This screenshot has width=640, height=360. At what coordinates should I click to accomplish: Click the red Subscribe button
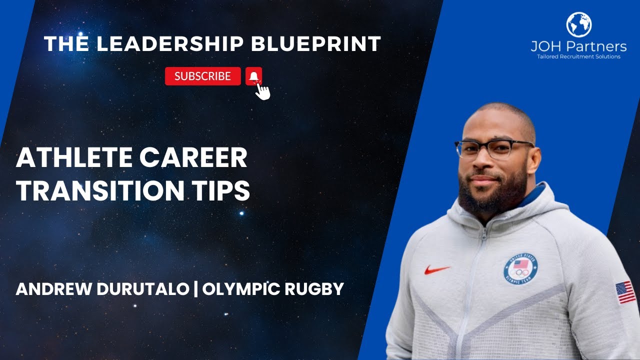point(202,76)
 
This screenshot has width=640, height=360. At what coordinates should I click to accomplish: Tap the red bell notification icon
point(253,76)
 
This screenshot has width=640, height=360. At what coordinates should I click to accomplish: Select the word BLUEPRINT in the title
point(316,44)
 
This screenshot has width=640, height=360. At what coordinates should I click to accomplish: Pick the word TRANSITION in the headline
point(95,190)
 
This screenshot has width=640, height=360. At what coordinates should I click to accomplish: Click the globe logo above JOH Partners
point(578,24)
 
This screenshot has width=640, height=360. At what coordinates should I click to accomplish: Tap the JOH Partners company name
point(578,46)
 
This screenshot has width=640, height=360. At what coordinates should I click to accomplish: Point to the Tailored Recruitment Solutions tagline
point(578,57)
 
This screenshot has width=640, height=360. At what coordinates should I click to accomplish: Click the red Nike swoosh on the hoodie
point(437,269)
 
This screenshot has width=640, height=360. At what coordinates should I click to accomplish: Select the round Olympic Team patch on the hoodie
point(520,269)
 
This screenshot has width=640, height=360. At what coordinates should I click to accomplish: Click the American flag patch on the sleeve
point(625,292)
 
